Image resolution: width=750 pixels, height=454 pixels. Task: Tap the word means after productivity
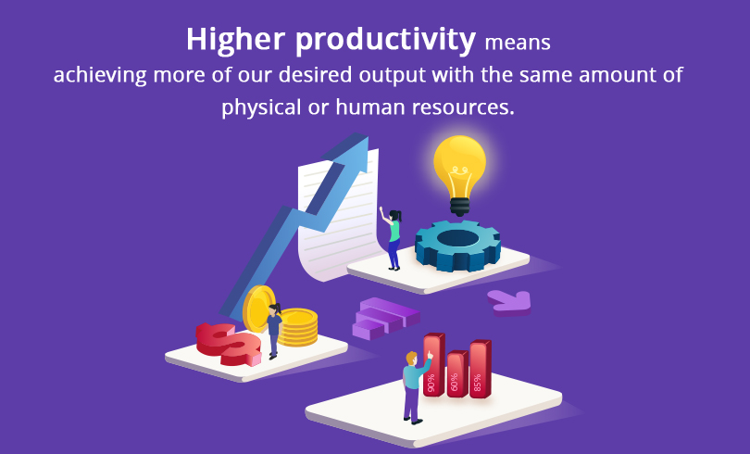pyautogui.click(x=518, y=42)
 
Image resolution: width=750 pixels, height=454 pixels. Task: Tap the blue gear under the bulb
pyautogui.click(x=456, y=243)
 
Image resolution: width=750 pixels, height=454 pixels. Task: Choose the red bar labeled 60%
pyautogui.click(x=456, y=374)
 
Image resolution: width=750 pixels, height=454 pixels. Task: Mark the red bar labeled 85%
pyautogui.click(x=479, y=369)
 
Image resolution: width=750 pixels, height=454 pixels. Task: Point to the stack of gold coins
pyautogui.click(x=296, y=327)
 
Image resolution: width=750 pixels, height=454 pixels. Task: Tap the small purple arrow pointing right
pyautogui.click(x=508, y=300)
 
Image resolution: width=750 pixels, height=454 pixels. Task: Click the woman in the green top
pyautogui.click(x=394, y=237)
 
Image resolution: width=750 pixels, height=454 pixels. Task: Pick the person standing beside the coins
pyautogui.click(x=273, y=329)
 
